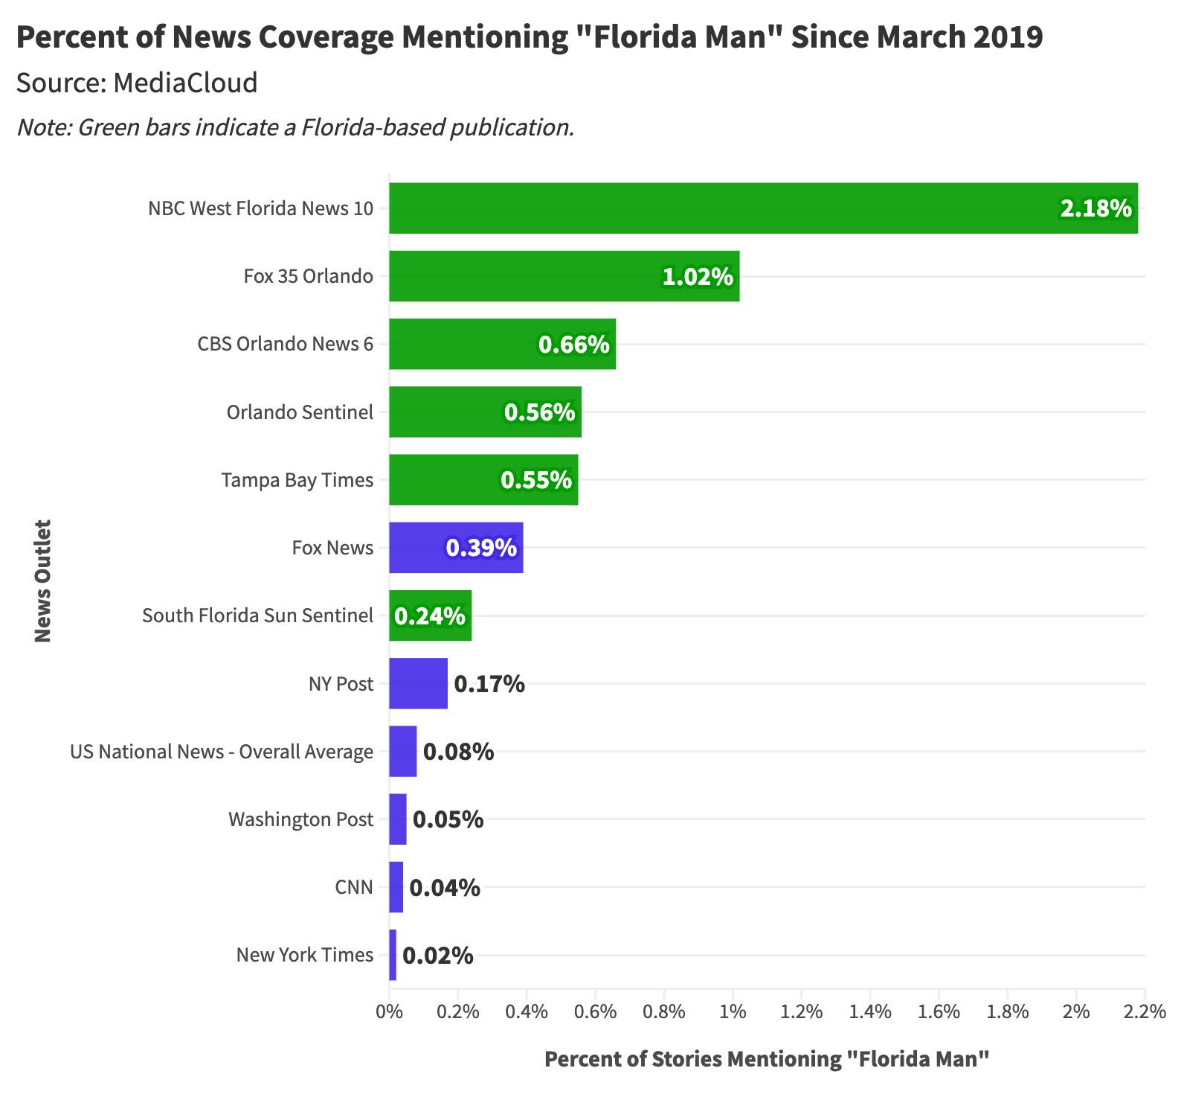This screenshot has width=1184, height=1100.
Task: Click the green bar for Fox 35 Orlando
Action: [521, 276]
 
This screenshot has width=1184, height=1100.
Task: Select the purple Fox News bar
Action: [416, 548]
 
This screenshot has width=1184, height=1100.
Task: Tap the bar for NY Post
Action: [418, 683]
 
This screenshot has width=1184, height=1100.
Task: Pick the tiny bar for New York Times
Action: [393, 955]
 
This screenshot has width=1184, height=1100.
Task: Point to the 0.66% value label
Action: [573, 345]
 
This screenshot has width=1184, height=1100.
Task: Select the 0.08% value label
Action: [458, 752]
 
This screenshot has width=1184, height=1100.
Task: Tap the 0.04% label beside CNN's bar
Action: [445, 888]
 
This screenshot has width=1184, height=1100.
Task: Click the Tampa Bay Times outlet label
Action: [297, 480]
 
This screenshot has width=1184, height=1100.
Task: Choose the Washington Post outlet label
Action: [300, 819]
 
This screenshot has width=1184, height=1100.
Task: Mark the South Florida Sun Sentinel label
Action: [257, 615]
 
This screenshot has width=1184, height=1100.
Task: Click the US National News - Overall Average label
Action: [222, 752]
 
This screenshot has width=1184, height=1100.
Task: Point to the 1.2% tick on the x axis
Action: [802, 1012]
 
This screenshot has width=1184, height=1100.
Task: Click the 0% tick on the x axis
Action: [388, 1012]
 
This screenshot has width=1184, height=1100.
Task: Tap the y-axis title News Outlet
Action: [43, 581]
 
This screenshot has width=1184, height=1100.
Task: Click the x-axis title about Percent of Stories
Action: [767, 1059]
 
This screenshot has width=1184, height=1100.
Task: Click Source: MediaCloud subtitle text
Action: [137, 83]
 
